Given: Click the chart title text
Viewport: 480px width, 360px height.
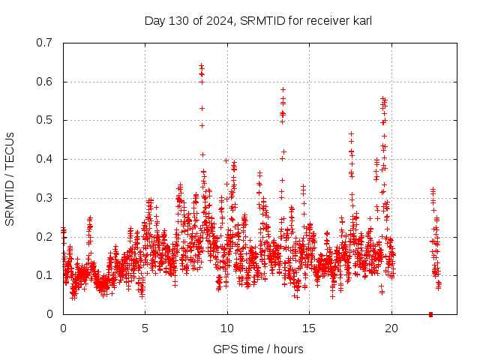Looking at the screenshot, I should (258, 21).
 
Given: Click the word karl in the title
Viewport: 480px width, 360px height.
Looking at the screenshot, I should (361, 21).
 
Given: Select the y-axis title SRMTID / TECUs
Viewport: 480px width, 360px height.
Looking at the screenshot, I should (10, 179).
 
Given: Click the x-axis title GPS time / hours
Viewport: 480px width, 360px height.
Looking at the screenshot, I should (258, 349).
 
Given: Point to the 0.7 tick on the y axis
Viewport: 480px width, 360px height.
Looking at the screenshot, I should (46, 43).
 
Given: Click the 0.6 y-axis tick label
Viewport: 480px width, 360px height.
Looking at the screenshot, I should (46, 82).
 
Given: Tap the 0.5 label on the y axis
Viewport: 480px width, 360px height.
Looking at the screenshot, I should (46, 120).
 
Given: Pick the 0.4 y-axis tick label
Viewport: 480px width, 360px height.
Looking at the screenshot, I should (46, 159).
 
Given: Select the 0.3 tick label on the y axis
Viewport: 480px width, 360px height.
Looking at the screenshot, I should (46, 198).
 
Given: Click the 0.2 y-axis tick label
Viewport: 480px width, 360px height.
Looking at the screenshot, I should (46, 237).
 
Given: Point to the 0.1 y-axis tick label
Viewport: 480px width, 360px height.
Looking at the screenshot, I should (46, 275).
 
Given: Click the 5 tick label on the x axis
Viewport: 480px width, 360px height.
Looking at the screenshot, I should (145, 328).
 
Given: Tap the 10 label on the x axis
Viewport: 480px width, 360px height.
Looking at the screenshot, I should (227, 328).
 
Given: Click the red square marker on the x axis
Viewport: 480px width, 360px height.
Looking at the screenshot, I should (430, 314).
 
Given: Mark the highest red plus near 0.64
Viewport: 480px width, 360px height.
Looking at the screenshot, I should (201, 66).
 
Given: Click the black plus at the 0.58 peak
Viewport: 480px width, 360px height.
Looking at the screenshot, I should (283, 89).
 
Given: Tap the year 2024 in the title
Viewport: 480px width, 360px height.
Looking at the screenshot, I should (218, 21).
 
